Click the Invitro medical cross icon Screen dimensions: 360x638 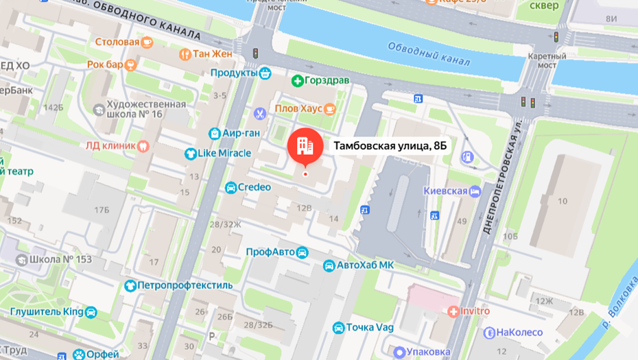pos(453,311)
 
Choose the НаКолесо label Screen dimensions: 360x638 pos(519,333)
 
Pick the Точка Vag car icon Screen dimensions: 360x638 pos(338,328)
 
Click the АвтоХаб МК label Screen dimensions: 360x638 pos(367,265)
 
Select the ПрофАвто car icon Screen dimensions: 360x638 pos(302,252)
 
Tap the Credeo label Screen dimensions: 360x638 pos(255,187)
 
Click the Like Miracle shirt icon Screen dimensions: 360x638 pos(190,154)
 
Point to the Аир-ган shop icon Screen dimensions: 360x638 pos(215,133)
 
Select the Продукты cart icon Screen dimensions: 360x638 pos(265,73)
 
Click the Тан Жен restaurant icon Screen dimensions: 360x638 pos(184,53)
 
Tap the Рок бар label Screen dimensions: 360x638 pos(105,64)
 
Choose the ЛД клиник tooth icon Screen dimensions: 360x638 pos(143,145)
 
